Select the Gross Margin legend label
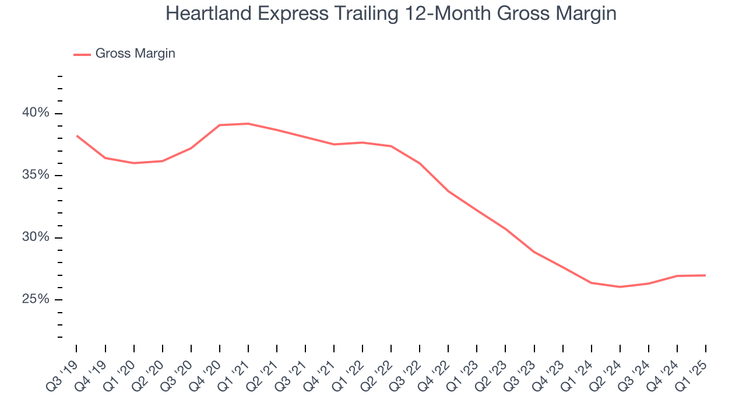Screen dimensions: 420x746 coord(135,54)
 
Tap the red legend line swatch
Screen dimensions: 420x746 coord(82,54)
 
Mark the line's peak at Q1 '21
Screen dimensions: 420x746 coord(248,124)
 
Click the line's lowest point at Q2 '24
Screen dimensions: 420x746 coord(620,287)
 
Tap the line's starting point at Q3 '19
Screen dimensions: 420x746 coord(76,135)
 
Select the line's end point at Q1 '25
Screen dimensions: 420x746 coord(706,275)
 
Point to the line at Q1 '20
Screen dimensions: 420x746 coord(133,163)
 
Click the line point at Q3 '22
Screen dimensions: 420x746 coord(420,163)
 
